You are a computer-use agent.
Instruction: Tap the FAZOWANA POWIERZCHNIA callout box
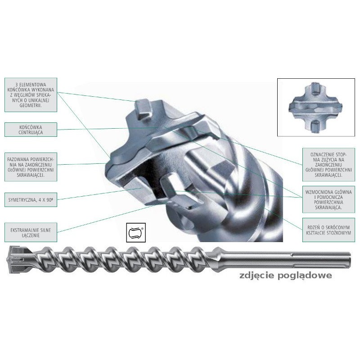31,166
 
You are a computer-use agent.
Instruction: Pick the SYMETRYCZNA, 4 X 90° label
31,198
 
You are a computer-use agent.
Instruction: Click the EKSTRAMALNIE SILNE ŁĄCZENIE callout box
31,232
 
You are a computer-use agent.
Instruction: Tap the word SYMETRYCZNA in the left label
22,198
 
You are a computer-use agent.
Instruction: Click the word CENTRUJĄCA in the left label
31,133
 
